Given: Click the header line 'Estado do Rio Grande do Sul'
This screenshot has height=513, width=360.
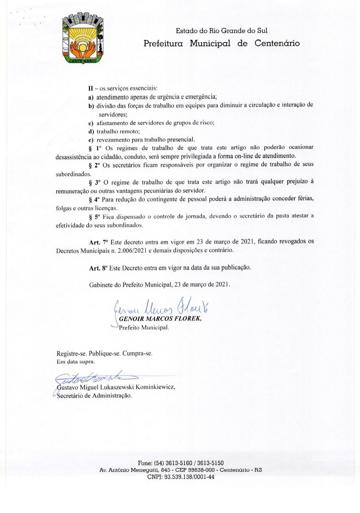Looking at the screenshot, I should [222, 30].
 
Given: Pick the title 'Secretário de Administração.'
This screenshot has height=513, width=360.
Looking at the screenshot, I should [94, 396].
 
